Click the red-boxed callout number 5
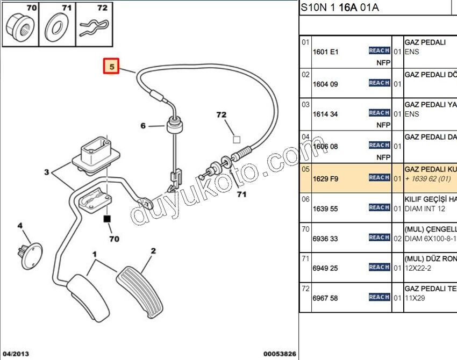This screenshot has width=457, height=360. click(111, 67)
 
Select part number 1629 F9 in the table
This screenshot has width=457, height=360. click(325, 178)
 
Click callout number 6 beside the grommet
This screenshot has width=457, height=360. click(143, 126)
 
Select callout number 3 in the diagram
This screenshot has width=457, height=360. click(47, 172)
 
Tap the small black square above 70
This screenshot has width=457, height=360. click(107, 219)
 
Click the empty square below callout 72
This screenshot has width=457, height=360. click(235, 139)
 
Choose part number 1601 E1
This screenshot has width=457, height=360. click(325, 53)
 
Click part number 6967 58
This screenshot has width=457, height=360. click(325, 298)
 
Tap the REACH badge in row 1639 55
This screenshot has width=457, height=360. click(379, 207)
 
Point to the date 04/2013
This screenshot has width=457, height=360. click(16, 354)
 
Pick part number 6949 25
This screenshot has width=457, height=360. click(325, 268)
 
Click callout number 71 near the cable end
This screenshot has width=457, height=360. click(241, 194)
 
